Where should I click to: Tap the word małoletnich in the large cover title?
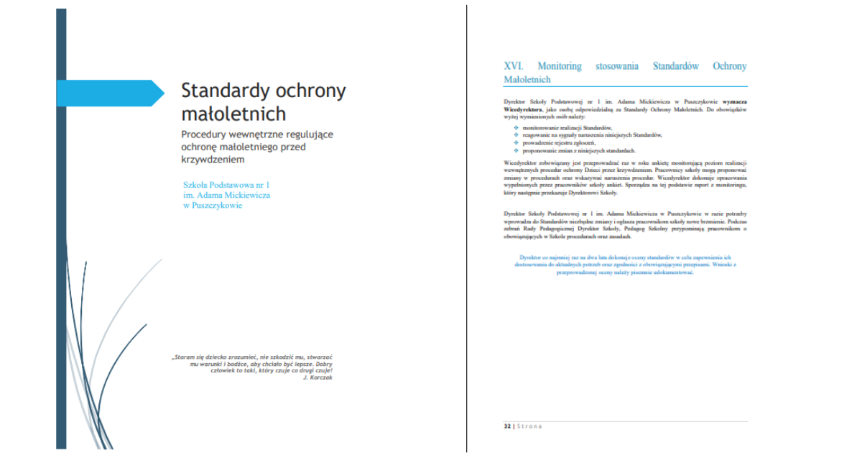[233, 114]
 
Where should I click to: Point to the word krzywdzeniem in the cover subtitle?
[213, 159]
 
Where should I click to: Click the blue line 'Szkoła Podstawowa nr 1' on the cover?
[226, 185]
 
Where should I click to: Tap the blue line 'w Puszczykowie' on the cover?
[213, 205]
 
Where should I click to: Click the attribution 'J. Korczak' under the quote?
[318, 377]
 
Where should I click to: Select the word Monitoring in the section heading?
[560, 66]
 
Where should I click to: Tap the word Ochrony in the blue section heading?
[729, 66]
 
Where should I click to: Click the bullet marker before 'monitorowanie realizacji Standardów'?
[516, 127]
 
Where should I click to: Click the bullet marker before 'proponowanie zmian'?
[516, 150]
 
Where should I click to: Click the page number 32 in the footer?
[507, 426]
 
